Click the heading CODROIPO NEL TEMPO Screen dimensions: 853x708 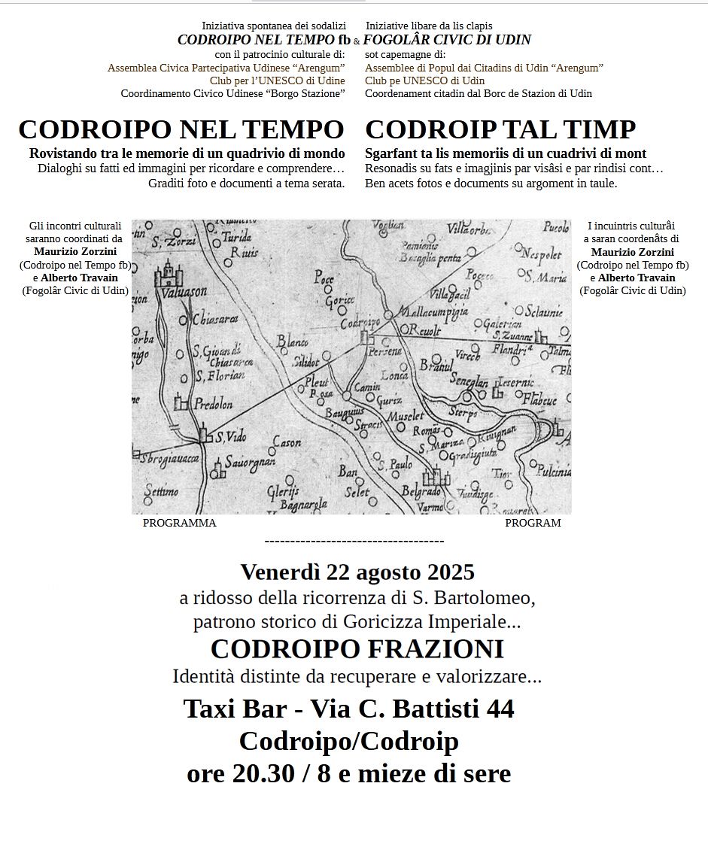click(x=181, y=129)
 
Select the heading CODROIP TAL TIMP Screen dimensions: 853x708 click(x=500, y=129)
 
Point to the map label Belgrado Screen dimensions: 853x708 click(x=421, y=490)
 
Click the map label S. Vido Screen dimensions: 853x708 click(x=230, y=437)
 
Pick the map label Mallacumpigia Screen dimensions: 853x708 click(x=433, y=311)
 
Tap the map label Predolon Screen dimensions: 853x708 click(x=214, y=404)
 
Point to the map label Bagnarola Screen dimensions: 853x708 click(x=303, y=503)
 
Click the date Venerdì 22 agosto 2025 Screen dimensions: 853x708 click(x=357, y=572)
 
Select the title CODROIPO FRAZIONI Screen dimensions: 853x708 click(x=357, y=648)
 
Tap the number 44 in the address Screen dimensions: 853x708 click(x=500, y=709)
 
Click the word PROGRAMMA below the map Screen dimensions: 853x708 click(x=179, y=523)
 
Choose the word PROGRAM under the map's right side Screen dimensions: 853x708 click(x=533, y=523)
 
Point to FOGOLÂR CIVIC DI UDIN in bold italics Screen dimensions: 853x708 click(x=447, y=40)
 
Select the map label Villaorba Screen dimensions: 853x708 click(x=469, y=228)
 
